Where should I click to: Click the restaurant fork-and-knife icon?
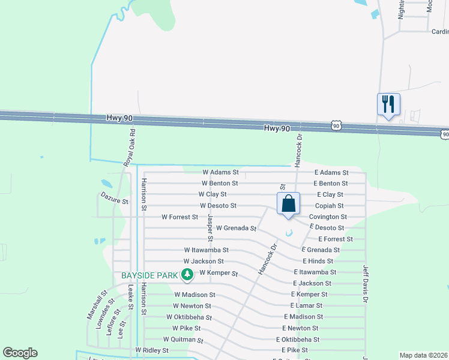coord(388,104)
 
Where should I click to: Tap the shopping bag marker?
coord(288,203)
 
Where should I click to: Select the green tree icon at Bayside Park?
coord(187,275)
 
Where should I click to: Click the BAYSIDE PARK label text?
coord(149,275)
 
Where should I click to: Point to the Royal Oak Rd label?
coord(129,146)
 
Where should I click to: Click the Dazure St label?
coord(115,199)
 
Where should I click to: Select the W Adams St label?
coord(220,172)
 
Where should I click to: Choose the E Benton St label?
coord(331,183)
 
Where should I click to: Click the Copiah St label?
coord(329,205)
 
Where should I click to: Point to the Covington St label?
coord(328,217)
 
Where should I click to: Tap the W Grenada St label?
coord(236,228)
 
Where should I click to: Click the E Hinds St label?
coord(318,261)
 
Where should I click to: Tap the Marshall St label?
coord(96,304)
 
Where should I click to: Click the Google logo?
coord(20,353)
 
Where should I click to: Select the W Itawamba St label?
coord(206,250)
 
